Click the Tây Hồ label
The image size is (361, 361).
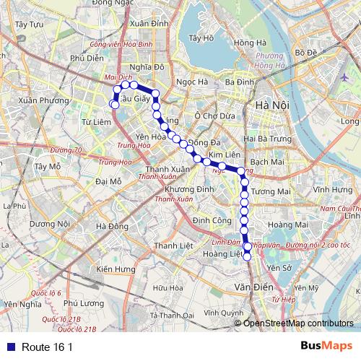[x=200, y=38]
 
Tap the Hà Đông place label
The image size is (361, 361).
[x=111, y=227]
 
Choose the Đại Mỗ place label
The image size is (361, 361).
[x=108, y=181]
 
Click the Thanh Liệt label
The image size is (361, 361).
[x=170, y=247]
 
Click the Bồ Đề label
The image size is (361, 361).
[x=306, y=53]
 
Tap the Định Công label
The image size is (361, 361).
[x=212, y=219]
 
